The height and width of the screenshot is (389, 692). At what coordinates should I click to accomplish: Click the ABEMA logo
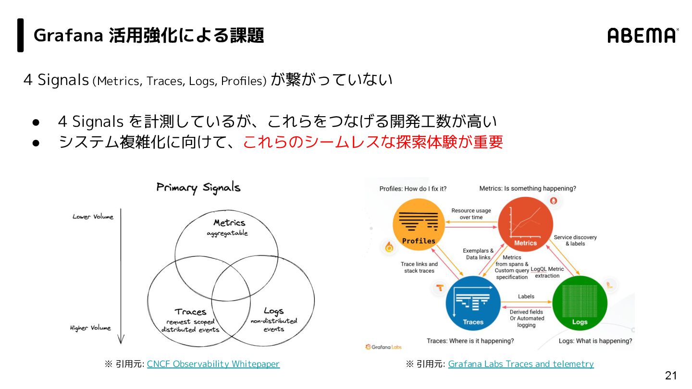(x=643, y=36)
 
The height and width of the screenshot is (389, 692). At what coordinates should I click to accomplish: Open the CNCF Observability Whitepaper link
(x=213, y=364)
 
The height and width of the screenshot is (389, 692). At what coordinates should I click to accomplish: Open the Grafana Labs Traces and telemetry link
(x=520, y=364)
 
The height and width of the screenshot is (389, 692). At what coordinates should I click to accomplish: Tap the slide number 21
(x=670, y=376)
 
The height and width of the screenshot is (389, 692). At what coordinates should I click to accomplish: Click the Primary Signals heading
(x=198, y=188)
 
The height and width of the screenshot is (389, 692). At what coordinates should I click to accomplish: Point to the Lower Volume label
(x=93, y=217)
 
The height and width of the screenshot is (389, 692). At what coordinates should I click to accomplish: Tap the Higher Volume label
(x=90, y=328)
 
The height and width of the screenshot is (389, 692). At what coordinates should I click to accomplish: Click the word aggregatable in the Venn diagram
(x=227, y=233)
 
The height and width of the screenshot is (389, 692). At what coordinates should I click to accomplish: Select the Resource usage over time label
(x=471, y=214)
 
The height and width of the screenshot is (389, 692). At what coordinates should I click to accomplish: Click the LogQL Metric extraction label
(x=547, y=272)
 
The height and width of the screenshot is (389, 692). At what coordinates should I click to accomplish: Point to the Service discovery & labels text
(x=575, y=240)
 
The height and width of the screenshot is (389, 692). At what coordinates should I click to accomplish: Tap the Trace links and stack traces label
(x=419, y=267)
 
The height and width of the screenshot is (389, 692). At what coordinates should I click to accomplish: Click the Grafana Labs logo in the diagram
(x=383, y=347)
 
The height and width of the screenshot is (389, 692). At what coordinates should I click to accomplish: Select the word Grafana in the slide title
(x=67, y=36)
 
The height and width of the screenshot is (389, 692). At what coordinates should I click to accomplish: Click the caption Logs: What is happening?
(x=595, y=341)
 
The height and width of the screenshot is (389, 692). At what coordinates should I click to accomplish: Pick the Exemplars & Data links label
(x=478, y=254)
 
